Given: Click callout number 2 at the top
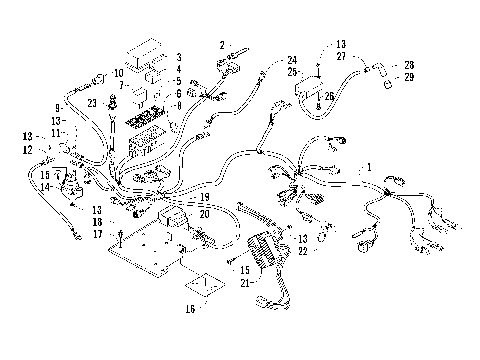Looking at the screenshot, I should (222, 45).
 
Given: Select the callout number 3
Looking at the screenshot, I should (178, 58).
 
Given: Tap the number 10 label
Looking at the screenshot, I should (118, 73).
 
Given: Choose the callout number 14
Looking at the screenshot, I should (46, 186).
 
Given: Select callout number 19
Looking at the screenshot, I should (203, 198).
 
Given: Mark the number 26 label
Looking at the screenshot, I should (330, 97).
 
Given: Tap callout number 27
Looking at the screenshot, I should (341, 58).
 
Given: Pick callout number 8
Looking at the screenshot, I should (178, 104).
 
